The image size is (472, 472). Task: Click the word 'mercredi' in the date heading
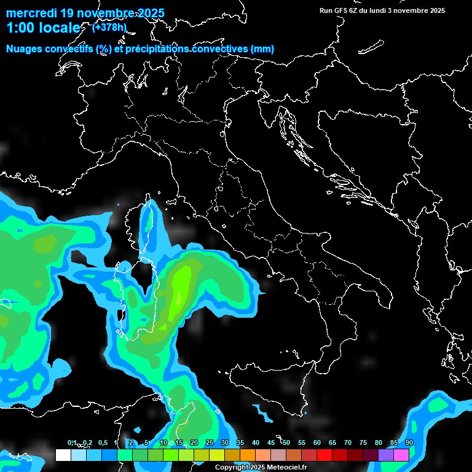(31, 13)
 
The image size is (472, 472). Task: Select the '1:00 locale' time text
(42, 28)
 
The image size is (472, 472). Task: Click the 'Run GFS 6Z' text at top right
(339, 10)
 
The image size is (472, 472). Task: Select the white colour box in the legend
(63, 455)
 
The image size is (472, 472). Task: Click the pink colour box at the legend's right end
(401, 455)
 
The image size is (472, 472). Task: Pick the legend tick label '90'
(409, 443)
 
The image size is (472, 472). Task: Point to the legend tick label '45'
(271, 443)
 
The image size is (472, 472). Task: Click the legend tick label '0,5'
(102, 443)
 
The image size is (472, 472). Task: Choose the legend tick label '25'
(210, 443)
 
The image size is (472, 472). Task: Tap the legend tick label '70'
(348, 443)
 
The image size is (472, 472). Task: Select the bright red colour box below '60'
(324, 455)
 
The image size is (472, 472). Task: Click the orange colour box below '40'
(248, 455)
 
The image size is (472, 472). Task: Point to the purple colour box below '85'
(386, 455)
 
